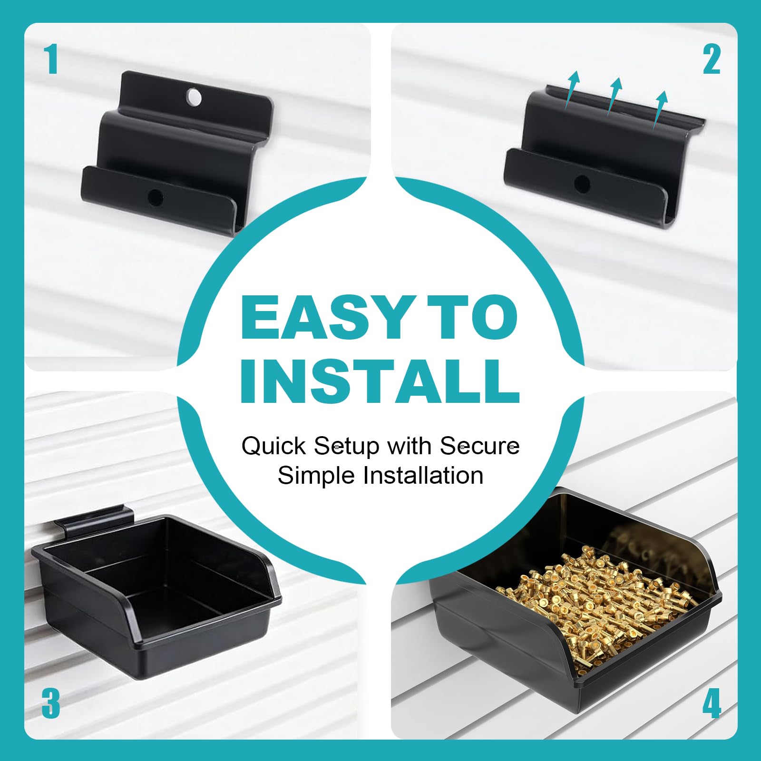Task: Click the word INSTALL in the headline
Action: click(x=380, y=381)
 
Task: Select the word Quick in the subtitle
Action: click(x=273, y=447)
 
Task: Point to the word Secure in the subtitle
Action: click(x=479, y=446)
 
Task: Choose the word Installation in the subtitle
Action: click(x=423, y=475)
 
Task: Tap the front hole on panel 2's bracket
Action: click(x=582, y=184)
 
